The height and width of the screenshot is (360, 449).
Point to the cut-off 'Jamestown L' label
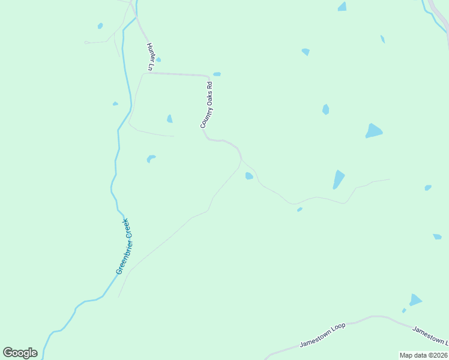430,335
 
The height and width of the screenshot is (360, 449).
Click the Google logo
20,353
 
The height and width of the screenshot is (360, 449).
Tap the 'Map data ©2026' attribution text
423,355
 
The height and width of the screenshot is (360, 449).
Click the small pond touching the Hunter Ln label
158,59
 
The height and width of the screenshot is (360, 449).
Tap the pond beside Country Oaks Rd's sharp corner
217,74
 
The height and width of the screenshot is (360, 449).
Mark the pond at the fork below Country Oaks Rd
249,176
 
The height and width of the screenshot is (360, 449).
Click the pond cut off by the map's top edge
342,6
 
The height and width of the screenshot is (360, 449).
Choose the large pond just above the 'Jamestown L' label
415,299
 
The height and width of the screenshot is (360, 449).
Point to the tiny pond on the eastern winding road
300,209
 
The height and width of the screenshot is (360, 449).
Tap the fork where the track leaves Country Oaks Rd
241,160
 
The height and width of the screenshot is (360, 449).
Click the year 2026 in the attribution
438,355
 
